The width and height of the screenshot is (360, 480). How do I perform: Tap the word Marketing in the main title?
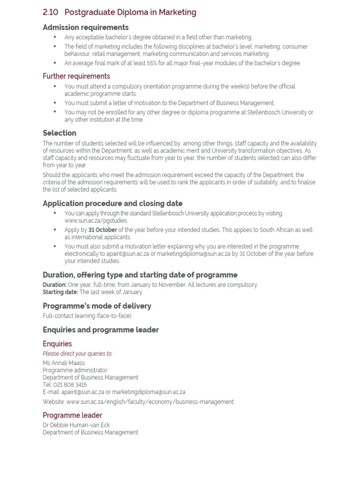pos(177,13)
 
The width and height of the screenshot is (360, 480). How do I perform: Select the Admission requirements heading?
pos(85,28)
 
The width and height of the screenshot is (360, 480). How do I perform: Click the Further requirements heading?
pos(76,76)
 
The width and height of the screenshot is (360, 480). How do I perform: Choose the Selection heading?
pos(59,133)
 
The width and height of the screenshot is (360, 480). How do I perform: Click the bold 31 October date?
pos(103,230)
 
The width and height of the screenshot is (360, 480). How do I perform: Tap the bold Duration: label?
pos(54,285)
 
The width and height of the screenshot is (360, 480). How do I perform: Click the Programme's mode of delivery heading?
pos(97,306)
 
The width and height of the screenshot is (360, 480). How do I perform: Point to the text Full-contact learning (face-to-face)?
pos(88,316)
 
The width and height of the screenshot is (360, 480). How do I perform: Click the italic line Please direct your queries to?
pos(77,354)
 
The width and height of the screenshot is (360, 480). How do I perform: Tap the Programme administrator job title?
pos(75,370)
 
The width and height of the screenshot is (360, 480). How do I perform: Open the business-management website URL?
pos(150,402)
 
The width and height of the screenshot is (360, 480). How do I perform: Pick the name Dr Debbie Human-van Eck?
pos(76,425)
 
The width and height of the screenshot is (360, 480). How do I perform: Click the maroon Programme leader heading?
pos(72,415)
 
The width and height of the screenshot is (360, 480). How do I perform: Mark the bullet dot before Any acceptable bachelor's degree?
pos(55,37)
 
